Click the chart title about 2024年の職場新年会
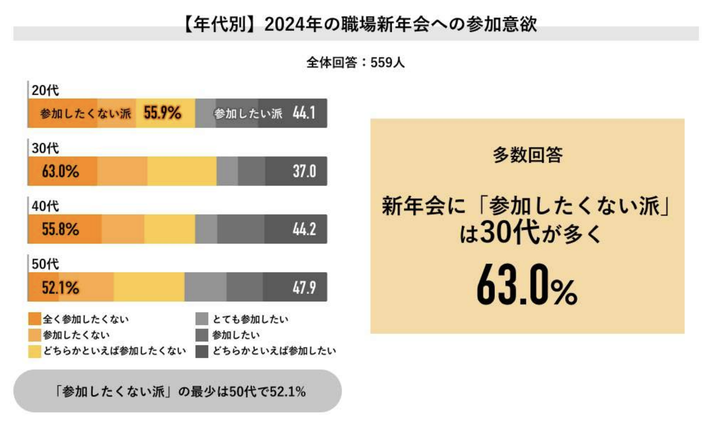(360, 24)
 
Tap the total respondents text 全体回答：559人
(355, 63)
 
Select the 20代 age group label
(45, 90)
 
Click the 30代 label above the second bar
(45, 148)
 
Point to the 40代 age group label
(45, 206)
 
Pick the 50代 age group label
(45, 264)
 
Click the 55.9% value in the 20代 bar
(162, 113)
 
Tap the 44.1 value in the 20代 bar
(304, 113)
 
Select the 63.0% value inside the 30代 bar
(60, 171)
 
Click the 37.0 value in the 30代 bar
(305, 171)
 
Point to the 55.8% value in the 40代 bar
(60, 229)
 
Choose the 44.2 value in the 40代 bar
(305, 229)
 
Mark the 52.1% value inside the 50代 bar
(60, 287)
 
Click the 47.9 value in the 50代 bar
(305, 287)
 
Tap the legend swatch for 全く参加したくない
(35, 319)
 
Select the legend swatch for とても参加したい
(202, 319)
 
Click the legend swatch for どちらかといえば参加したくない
(35, 351)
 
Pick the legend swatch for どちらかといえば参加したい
(202, 351)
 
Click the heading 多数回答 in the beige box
(527, 155)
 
